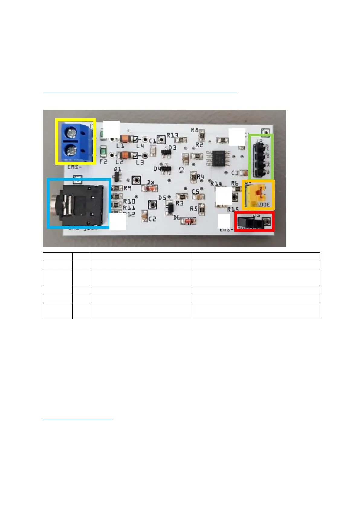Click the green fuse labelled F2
coord(104,151)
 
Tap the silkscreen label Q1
coord(118,169)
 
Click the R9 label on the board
coord(127,188)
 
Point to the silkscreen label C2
coord(152,219)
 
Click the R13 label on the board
coord(172,135)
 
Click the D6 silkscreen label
coord(177,217)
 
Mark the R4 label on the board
coord(200,177)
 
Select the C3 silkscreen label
coord(235,173)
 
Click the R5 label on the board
coord(194,209)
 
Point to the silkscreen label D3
coord(172,148)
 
